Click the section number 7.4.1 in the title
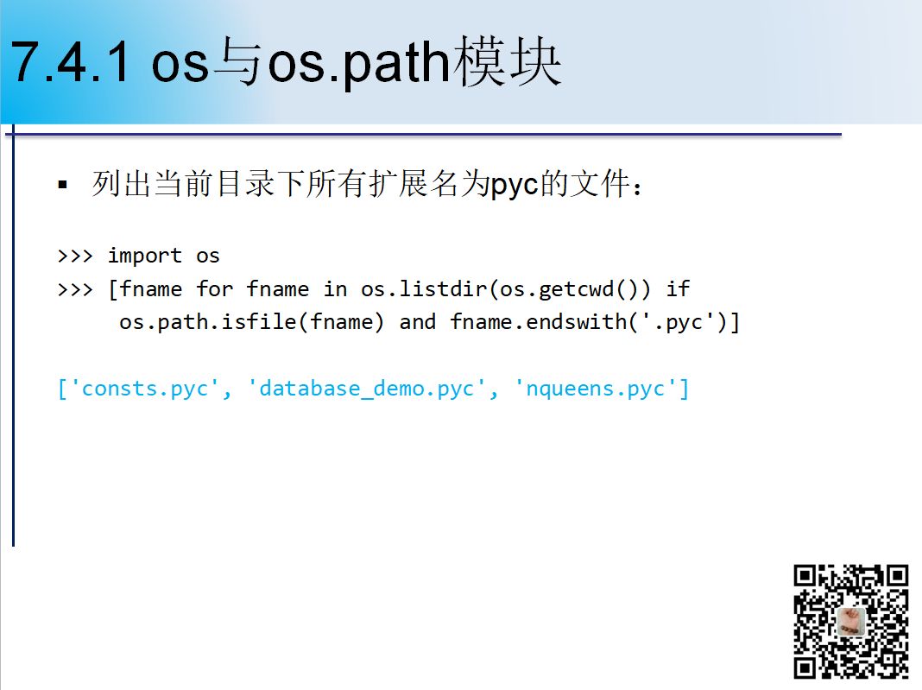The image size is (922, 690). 70,62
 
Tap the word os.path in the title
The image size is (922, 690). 359,64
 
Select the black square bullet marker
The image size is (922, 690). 63,186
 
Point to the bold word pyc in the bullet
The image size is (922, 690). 515,186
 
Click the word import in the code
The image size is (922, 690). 145,256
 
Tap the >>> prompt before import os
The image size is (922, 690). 75,256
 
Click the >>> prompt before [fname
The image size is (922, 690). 75,290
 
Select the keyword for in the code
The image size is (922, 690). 215,288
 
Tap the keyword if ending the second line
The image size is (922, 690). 678,288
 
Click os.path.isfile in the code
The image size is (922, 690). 209,322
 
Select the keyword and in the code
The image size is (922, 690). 418,322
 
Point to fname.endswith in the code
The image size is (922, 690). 539,322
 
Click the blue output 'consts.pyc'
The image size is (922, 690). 145,389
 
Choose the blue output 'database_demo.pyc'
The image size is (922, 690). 367,389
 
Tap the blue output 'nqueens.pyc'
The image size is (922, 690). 596,389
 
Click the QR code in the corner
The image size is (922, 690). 851,621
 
